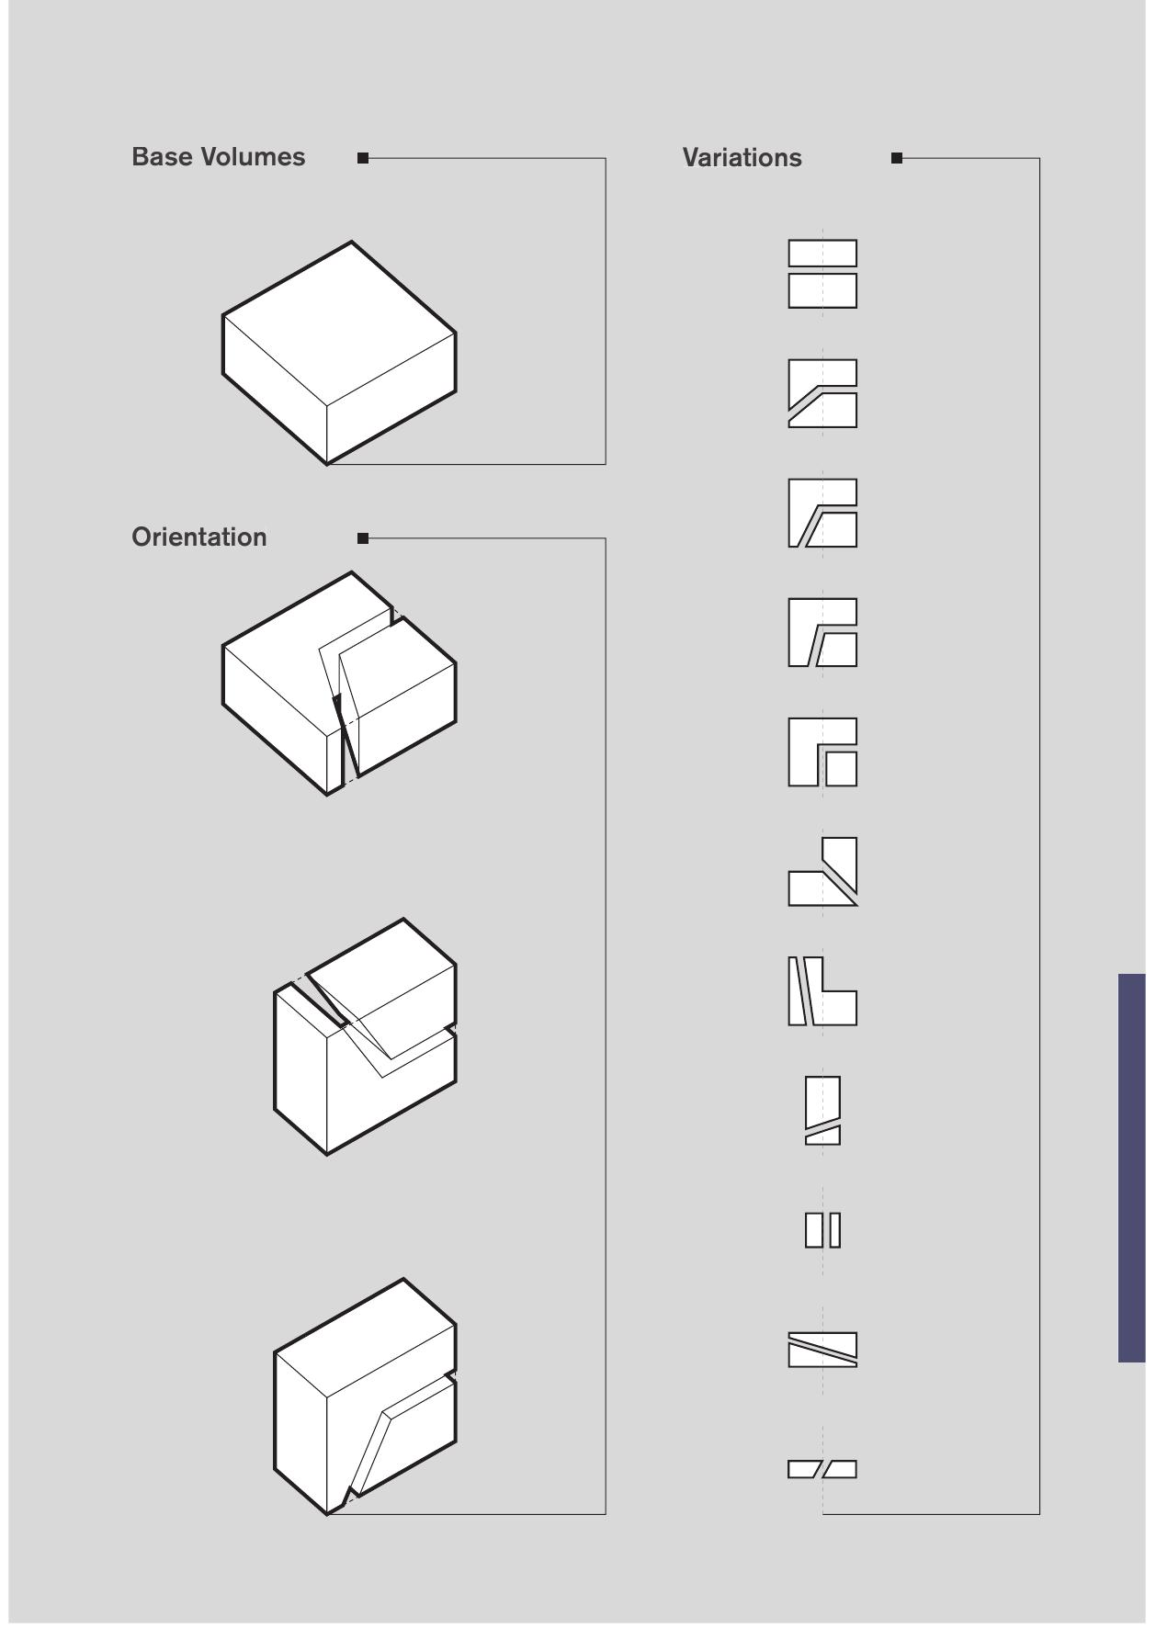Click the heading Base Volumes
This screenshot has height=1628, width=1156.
218,157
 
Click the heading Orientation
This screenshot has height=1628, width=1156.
198,537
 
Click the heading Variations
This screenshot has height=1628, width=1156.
742,158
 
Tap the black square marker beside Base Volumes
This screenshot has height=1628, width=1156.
363,158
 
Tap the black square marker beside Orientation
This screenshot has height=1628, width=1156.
363,538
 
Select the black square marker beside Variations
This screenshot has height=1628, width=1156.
897,158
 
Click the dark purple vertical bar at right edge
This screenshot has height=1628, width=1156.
1131,1167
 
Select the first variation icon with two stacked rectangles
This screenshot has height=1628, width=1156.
822,274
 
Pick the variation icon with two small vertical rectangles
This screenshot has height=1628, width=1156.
822,1230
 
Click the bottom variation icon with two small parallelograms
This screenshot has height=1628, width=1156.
822,1469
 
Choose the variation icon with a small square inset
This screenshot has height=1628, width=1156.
822,752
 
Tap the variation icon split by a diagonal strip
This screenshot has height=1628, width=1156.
822,1350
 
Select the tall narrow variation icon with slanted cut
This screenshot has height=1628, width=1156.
822,1110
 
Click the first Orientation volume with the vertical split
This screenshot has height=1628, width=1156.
338,684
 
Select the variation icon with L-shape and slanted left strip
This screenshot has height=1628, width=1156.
822,991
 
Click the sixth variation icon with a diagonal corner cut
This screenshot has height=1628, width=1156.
822,873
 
